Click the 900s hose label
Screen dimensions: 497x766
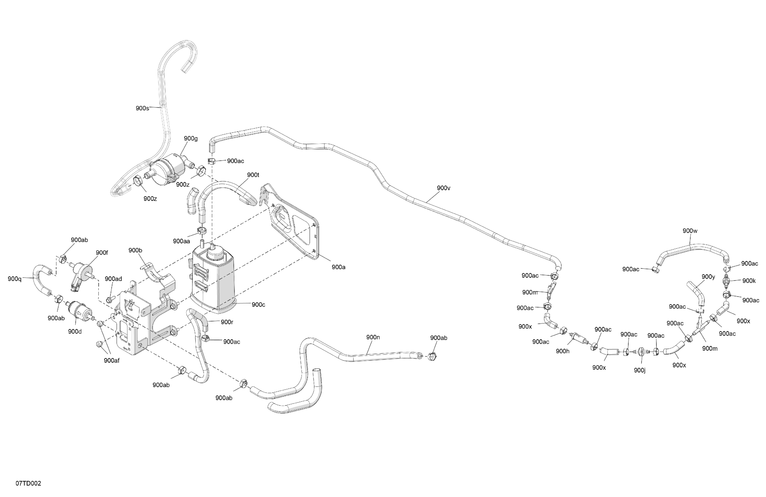coord(142,108)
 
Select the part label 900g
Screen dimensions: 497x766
coord(190,139)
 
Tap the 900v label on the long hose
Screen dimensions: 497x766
coord(443,188)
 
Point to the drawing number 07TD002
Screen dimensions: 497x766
coord(28,484)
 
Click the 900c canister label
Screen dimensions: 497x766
coord(258,305)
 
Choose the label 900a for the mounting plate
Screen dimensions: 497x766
coord(338,267)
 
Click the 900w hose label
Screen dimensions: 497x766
coord(690,231)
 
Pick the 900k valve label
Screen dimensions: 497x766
coord(749,281)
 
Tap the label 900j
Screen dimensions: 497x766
coord(640,370)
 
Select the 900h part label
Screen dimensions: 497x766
coord(562,351)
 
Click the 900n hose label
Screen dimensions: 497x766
coord(373,337)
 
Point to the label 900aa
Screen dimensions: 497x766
coord(181,241)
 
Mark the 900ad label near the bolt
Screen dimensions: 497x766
coord(113,279)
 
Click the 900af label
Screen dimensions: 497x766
coord(111,361)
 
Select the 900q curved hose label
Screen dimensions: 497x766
coord(15,279)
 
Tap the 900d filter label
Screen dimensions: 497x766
coord(75,332)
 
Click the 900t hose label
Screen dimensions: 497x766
coord(253,175)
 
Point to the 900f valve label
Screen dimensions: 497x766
coord(102,253)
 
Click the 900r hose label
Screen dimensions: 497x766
coord(227,322)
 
